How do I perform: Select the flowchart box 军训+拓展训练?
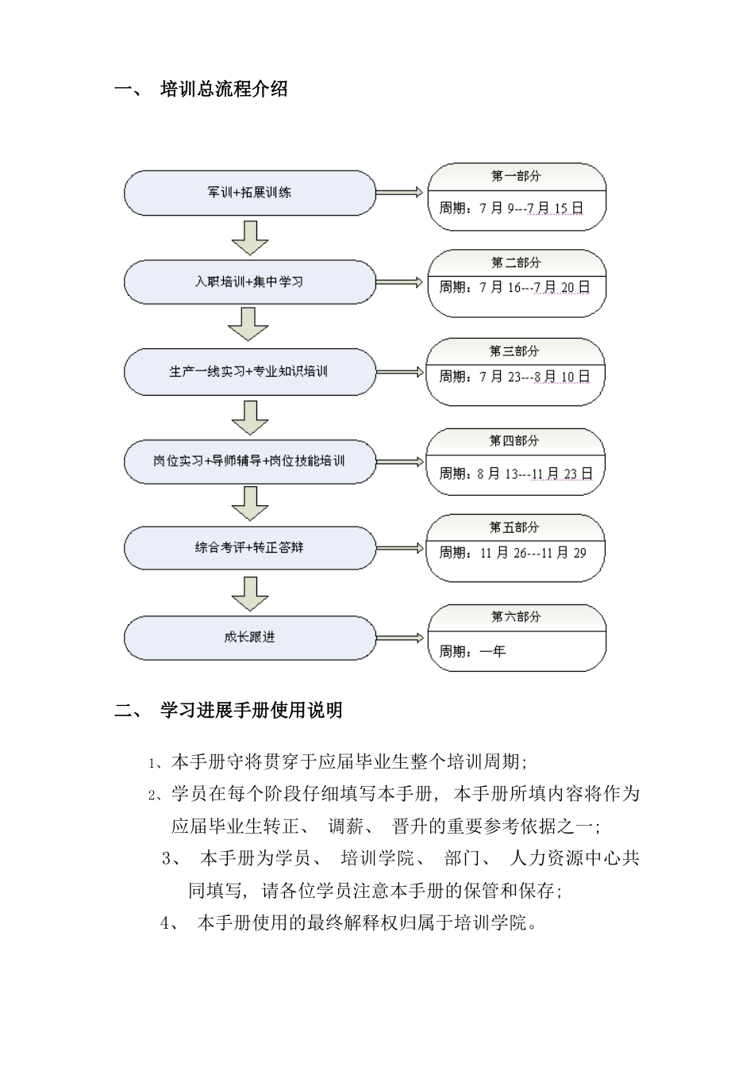pyautogui.click(x=249, y=192)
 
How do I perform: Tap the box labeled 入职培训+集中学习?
pyautogui.click(x=249, y=282)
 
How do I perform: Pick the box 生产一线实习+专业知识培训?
pyautogui.click(x=249, y=371)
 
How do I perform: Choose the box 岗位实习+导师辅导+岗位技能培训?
pyautogui.click(x=249, y=460)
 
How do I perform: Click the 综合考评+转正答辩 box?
pyautogui.click(x=249, y=547)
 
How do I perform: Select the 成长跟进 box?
pyautogui.click(x=249, y=636)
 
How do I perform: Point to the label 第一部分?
pyautogui.click(x=516, y=176)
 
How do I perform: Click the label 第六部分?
pyautogui.click(x=516, y=616)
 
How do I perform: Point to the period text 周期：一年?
pyautogui.click(x=473, y=651)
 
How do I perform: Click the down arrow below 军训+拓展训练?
pyautogui.click(x=249, y=237)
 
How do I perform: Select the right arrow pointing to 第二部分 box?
pyautogui.click(x=399, y=282)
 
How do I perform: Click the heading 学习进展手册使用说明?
pyautogui.click(x=251, y=710)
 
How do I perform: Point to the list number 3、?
pyautogui.click(x=171, y=857)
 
